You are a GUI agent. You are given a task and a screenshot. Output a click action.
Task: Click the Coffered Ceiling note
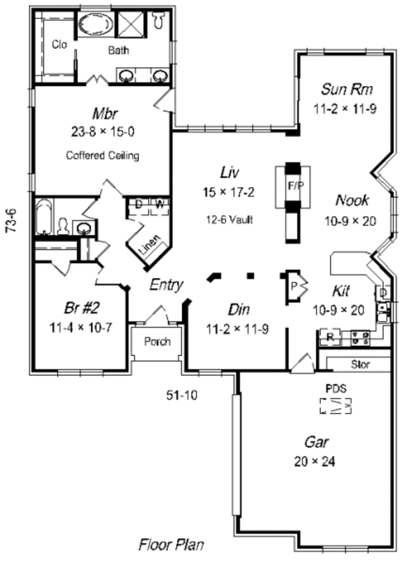point(102,155)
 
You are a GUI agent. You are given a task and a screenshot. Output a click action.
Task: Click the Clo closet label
point(59,45)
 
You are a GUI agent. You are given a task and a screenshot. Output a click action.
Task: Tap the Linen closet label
point(150,249)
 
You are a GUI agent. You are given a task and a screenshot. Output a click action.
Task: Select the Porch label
point(157,342)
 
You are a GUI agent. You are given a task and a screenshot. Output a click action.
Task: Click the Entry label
point(166,285)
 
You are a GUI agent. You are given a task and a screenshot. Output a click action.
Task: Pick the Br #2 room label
point(78,308)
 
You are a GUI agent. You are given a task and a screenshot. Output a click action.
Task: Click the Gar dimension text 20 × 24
point(316,462)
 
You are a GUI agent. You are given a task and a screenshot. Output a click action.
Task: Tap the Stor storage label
point(360,365)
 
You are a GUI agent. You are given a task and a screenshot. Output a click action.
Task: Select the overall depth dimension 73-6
point(11,220)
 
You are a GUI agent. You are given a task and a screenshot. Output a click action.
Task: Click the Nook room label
point(352,200)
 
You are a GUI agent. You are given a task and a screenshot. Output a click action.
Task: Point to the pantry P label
point(294,285)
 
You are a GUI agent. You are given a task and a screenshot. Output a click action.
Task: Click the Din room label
point(238,309)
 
